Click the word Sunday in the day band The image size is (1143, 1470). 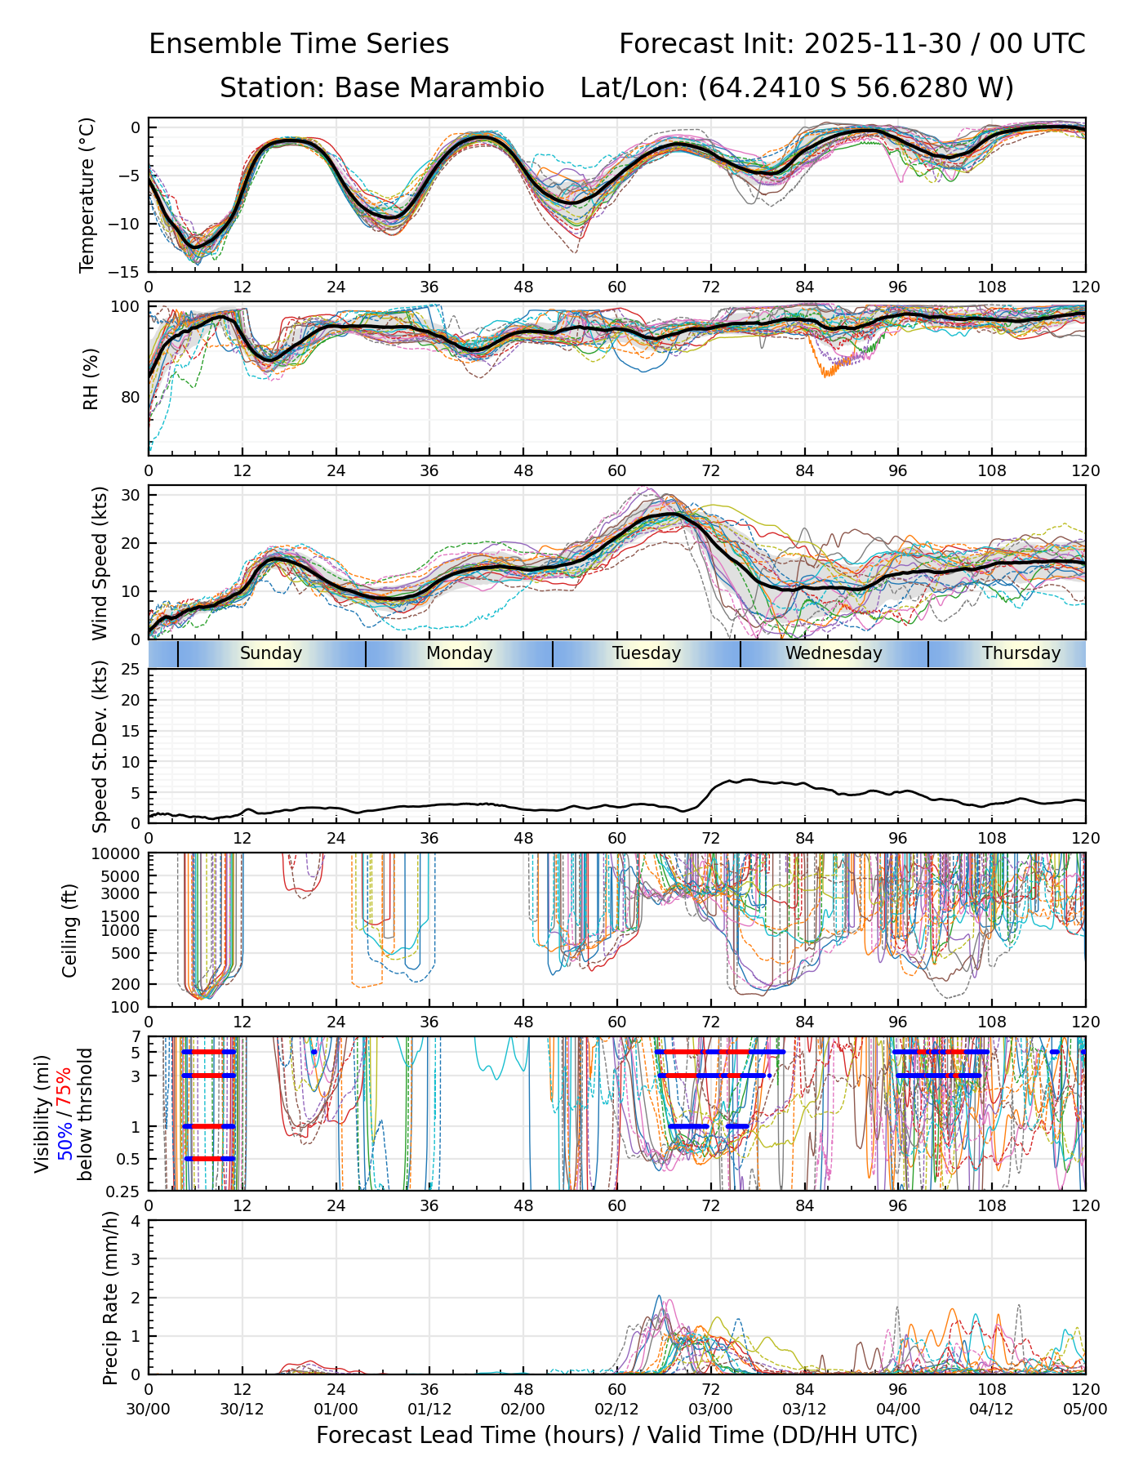(x=271, y=653)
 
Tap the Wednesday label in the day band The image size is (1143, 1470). (x=834, y=653)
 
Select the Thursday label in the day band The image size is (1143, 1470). (x=1021, y=653)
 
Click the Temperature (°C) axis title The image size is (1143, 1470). (x=87, y=194)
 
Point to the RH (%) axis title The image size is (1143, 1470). (x=91, y=379)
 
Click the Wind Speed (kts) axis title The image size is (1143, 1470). (x=100, y=563)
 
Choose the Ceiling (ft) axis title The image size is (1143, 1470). (x=70, y=930)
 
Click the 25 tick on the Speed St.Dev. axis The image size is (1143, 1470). (x=130, y=670)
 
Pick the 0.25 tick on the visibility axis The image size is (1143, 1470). (x=123, y=1191)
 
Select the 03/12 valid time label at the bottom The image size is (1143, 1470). (x=804, y=1409)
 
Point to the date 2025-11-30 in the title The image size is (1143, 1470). (x=883, y=44)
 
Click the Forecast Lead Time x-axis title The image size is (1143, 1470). (x=616, y=1435)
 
